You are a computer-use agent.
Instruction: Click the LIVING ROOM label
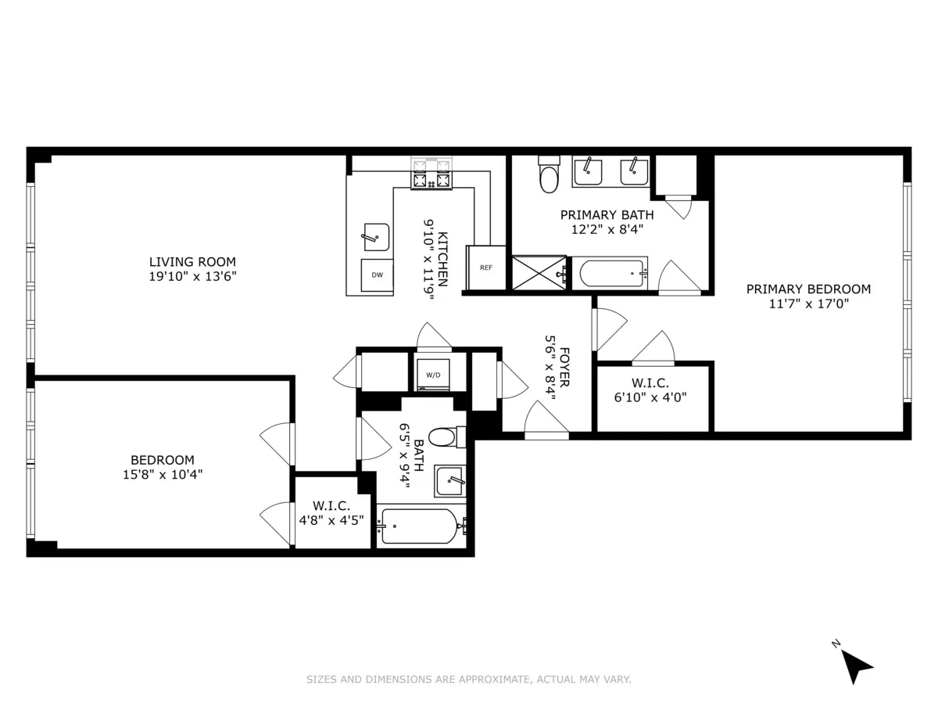[x=193, y=261]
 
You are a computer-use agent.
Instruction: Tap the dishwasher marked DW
[x=377, y=275]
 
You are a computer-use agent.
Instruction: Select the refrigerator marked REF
[x=485, y=268]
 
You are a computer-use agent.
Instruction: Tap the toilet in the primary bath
[x=549, y=174]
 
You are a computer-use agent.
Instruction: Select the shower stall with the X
[x=538, y=274]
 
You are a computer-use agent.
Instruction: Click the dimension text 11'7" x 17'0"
[x=808, y=304]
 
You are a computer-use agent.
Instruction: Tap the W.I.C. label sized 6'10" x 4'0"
[x=650, y=383]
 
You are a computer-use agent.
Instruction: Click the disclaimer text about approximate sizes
[x=468, y=680]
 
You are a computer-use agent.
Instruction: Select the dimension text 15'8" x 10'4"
[x=162, y=474]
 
